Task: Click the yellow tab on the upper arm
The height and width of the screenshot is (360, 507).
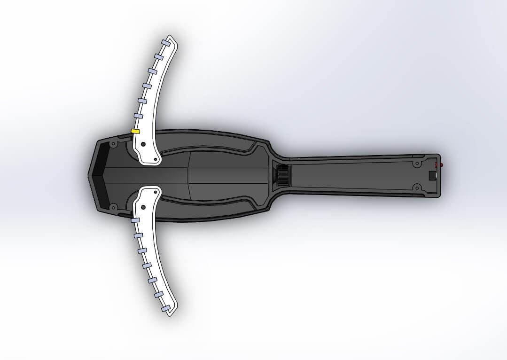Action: point(135,131)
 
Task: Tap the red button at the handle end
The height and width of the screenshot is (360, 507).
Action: point(441,165)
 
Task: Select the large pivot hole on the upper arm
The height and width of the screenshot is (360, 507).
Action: point(143,144)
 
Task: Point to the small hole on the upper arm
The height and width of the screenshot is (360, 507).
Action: point(155,160)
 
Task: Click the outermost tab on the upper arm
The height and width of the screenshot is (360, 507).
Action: point(165,42)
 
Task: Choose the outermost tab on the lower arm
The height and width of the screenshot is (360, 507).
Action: point(165,308)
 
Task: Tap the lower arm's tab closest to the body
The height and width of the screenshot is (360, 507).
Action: point(135,220)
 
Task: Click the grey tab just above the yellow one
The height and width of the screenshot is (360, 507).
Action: point(138,116)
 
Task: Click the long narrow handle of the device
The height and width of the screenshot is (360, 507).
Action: point(357,175)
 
